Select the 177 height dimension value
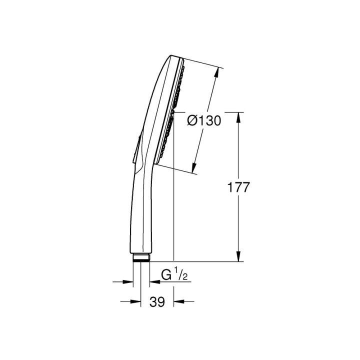point(238,187)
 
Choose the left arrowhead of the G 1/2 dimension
point(129,282)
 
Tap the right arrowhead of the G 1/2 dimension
point(153,282)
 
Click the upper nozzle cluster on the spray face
point(178,85)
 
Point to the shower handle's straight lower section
point(141,215)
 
